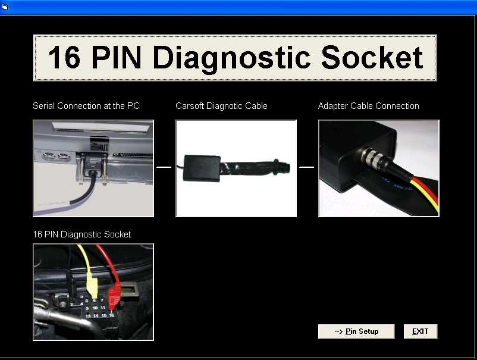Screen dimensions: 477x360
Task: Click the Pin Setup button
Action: click(x=356, y=331)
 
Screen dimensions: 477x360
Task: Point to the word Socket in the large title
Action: click(x=372, y=57)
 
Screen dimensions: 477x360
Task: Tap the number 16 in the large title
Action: click(x=64, y=58)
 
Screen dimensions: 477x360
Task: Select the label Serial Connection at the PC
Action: click(x=86, y=106)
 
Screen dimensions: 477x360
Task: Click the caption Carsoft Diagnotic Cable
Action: click(x=221, y=106)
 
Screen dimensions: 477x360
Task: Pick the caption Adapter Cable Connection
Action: click(x=368, y=106)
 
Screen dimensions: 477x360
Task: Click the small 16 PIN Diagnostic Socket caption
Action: click(x=82, y=234)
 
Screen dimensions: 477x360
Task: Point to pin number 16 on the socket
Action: click(x=112, y=315)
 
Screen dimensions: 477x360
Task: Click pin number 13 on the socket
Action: click(x=88, y=316)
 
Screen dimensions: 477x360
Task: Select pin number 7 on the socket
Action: click(x=102, y=300)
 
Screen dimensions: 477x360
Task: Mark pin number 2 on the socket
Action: click(x=71, y=304)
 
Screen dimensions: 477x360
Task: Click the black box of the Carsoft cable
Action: click(x=202, y=168)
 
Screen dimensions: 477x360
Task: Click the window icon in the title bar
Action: click(x=5, y=7)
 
